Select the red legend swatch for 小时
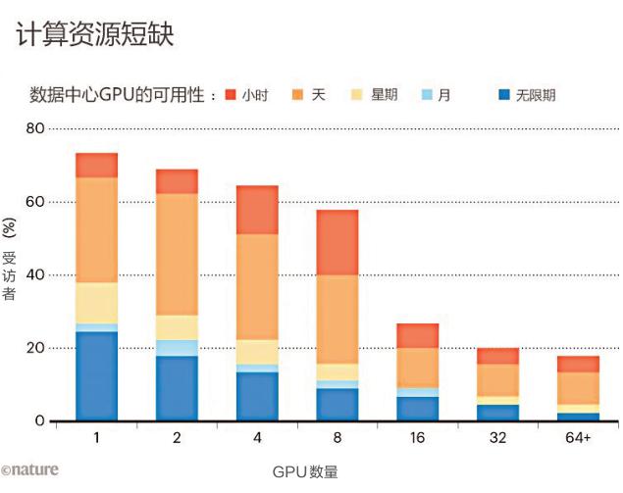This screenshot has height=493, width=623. (x=232, y=95)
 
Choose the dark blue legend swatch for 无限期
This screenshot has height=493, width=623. (x=504, y=95)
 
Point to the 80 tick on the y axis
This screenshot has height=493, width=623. (x=35, y=128)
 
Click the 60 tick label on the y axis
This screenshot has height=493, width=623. (x=35, y=202)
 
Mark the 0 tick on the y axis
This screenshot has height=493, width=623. (x=39, y=421)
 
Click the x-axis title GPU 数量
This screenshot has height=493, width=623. (x=305, y=471)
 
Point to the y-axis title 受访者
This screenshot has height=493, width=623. (x=10, y=278)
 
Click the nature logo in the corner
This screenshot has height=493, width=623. (x=29, y=469)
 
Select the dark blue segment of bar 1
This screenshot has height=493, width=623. (x=96, y=376)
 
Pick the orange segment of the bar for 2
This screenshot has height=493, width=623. (x=177, y=254)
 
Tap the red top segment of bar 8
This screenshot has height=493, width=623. (x=337, y=242)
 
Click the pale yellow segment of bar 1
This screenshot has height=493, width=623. (x=96, y=303)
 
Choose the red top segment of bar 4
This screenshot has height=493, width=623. (x=257, y=209)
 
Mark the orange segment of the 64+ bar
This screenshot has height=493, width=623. (x=579, y=388)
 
